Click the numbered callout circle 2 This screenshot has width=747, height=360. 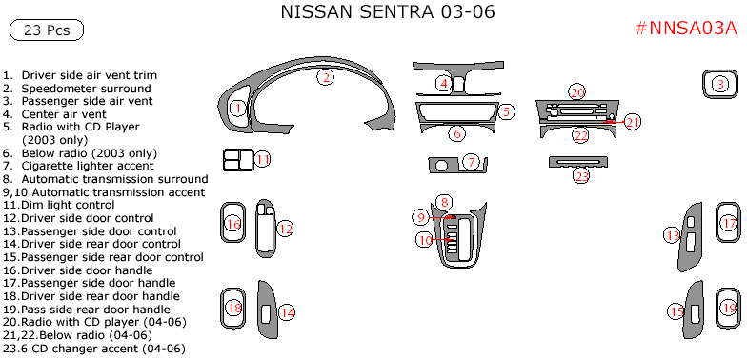click(326, 77)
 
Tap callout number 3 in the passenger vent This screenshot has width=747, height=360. click(721, 85)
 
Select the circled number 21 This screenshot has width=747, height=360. click(633, 121)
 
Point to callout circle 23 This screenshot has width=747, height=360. click(581, 175)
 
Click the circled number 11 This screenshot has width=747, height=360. click(263, 159)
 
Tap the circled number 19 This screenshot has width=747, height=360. click(729, 309)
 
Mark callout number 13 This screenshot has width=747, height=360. click(673, 235)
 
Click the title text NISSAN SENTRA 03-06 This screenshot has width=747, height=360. click(388, 13)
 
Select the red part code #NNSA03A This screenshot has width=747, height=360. click(685, 28)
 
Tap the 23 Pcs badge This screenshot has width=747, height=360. click(46, 30)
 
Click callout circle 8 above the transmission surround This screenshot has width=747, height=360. click(443, 202)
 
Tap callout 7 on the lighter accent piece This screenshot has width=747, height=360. click(470, 163)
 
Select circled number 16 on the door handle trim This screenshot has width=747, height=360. click(232, 225)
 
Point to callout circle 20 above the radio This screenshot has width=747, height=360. click(577, 92)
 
